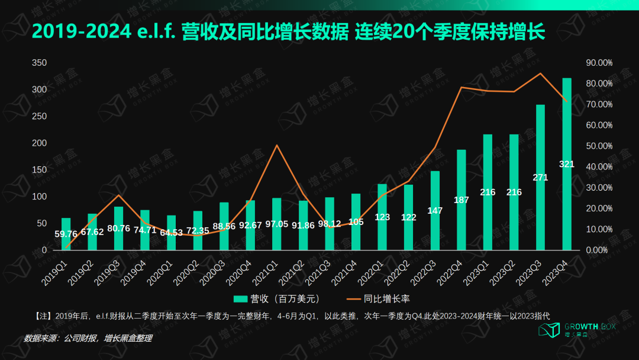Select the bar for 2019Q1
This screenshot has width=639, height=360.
pos(66,234)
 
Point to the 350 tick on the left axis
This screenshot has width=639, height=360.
pos(39,63)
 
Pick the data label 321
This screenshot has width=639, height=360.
pos(567,164)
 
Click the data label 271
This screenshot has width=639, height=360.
pos(540,177)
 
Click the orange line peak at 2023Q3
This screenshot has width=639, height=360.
pos(540,73)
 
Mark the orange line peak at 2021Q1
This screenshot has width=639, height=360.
pos(277,145)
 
